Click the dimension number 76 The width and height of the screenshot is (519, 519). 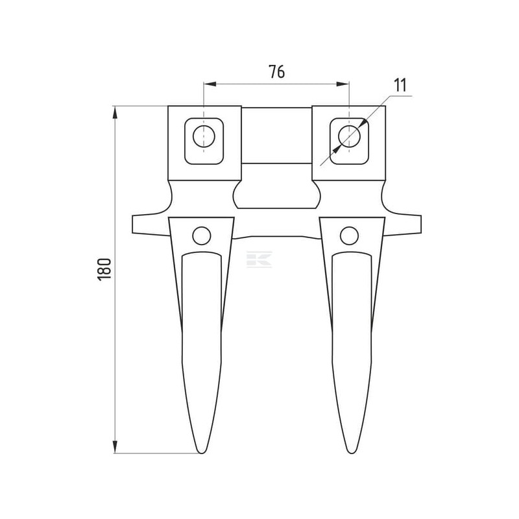click(276, 71)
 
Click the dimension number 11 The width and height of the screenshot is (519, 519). click(400, 85)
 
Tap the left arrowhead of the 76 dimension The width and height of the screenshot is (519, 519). click(210, 84)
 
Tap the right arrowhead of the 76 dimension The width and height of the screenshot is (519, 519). click(343, 84)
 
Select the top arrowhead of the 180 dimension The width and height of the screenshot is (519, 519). click(115, 112)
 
